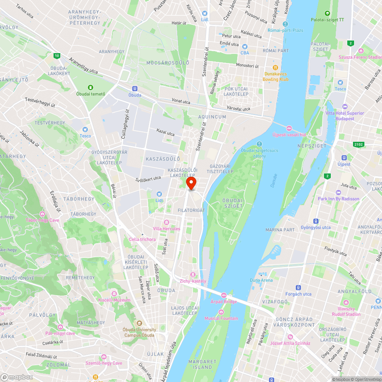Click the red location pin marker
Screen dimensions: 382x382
coord(191,183)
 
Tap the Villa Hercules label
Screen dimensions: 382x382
coord(167,228)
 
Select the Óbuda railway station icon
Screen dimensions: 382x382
coord(134,89)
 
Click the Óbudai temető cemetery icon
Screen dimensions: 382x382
coord(91,87)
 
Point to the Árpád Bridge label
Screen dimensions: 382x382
coord(223,301)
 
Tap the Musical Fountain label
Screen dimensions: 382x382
coord(221,318)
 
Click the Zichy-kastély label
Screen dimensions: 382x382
coord(193,281)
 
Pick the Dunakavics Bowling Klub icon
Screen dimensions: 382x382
coord(275,68)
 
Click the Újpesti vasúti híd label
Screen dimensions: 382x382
coord(289,134)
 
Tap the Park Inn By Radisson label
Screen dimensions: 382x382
coord(338,199)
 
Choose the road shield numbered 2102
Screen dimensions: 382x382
coord(359,144)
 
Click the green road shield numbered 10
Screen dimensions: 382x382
coord(57,56)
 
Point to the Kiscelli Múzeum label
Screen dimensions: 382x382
coord(114,300)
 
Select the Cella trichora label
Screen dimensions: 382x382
coord(142,239)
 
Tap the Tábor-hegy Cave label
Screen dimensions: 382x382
coord(42,220)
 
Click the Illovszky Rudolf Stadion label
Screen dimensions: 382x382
coord(346,312)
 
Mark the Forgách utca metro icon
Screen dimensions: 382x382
coord(298,288)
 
